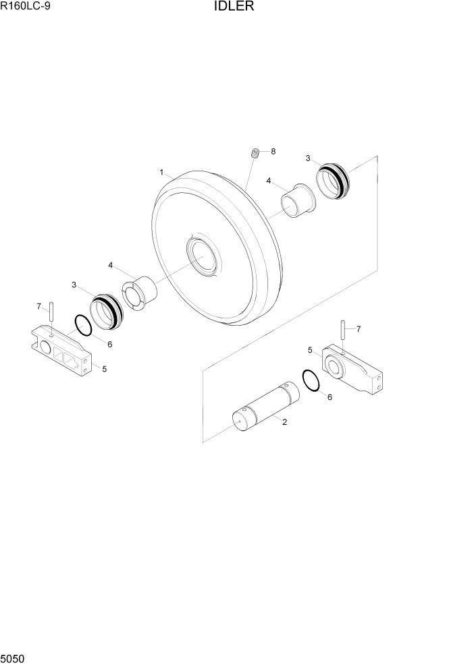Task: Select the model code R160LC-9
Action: point(26,7)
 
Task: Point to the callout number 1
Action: point(162,173)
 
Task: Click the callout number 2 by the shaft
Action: point(285,422)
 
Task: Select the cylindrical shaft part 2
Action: point(264,406)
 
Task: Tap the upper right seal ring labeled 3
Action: point(333,180)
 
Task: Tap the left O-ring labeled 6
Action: point(83,326)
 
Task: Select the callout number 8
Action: point(273,152)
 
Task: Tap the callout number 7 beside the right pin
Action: point(358,329)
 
